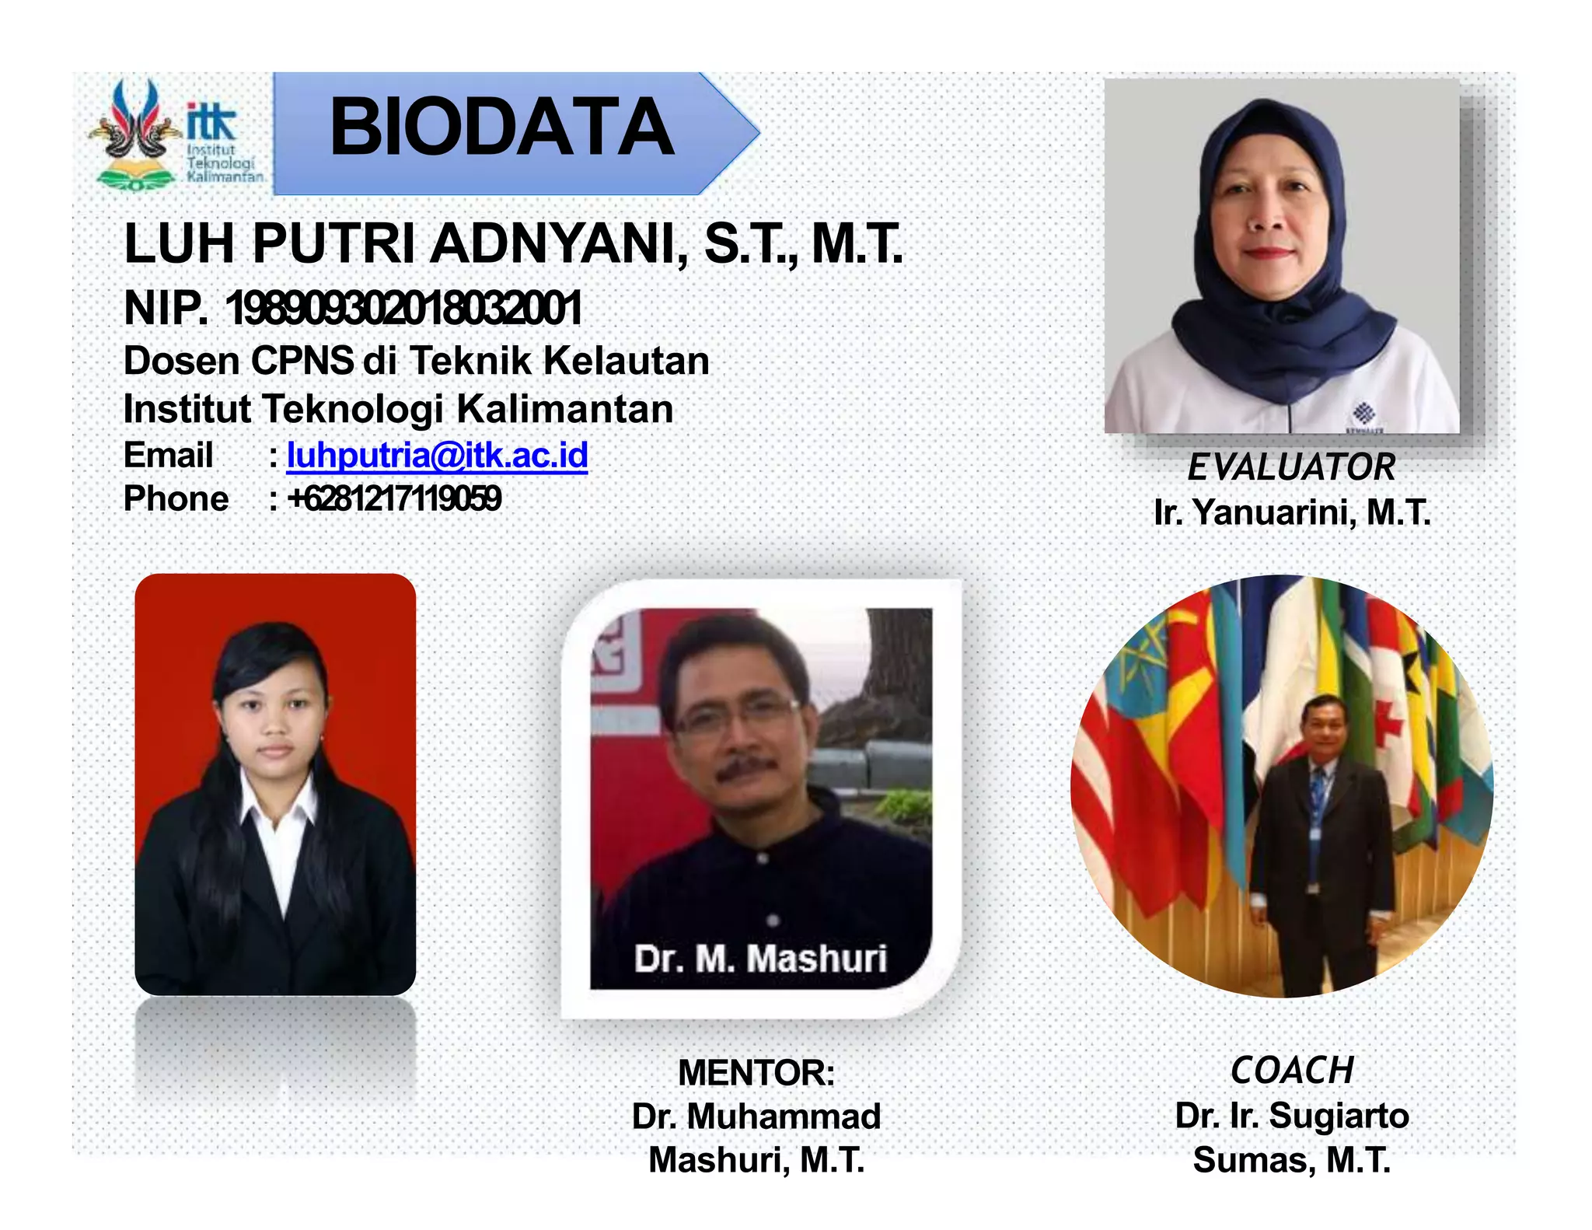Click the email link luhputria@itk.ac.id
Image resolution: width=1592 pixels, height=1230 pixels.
[x=437, y=456]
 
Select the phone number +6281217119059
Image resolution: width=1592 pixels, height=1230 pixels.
[x=394, y=499]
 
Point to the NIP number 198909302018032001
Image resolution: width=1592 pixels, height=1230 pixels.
[x=403, y=309]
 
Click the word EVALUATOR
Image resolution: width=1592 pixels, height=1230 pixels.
[x=1291, y=467]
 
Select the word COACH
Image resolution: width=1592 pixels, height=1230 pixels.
[x=1292, y=1071]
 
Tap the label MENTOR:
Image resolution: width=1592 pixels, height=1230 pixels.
[x=756, y=1073]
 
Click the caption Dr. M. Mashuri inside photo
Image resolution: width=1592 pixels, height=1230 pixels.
[x=759, y=959]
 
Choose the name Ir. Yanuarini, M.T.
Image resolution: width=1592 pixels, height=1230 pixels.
[x=1292, y=512]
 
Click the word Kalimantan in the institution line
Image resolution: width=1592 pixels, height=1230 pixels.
[x=564, y=410]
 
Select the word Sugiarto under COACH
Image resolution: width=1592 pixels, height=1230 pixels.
[x=1339, y=1116]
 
